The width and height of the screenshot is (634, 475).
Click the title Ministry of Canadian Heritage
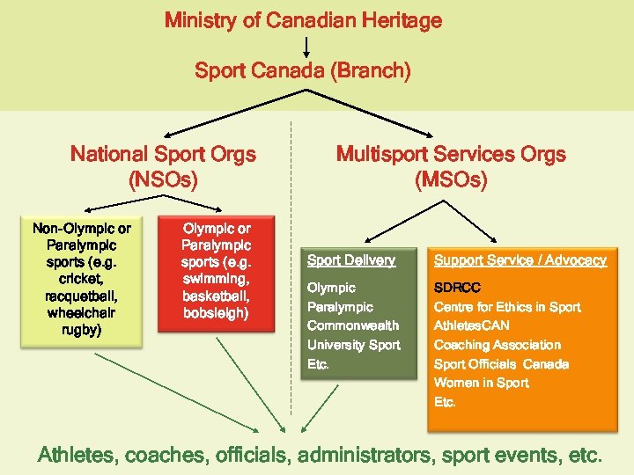(303, 20)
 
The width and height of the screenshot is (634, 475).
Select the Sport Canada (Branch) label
(303, 70)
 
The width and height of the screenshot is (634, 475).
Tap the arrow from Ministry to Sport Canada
(306, 46)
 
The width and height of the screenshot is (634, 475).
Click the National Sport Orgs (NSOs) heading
(163, 167)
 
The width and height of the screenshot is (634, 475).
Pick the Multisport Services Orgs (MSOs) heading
(451, 167)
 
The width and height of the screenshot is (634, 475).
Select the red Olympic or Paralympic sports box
(216, 273)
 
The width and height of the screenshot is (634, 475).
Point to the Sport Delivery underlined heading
(350, 260)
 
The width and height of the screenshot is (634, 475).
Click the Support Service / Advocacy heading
(520, 260)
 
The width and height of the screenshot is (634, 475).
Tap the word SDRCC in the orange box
(457, 288)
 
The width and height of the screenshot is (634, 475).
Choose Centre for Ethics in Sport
(507, 307)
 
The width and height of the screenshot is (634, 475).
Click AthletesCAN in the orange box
(471, 325)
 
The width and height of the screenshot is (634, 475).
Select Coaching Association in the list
(497, 345)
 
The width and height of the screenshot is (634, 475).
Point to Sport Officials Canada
(501, 364)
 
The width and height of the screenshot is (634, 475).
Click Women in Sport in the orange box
(482, 383)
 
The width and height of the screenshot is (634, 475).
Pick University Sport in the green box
(353, 345)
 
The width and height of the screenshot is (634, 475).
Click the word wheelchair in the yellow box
(82, 312)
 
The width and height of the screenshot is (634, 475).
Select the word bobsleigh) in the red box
(216, 313)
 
